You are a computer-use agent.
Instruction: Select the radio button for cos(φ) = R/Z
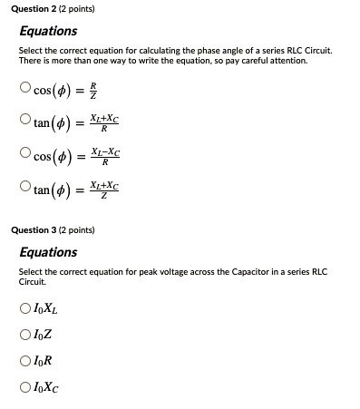(x=25, y=89)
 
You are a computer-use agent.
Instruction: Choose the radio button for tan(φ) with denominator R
(x=25, y=121)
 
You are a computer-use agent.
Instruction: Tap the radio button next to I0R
(x=24, y=359)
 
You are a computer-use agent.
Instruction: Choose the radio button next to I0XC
(x=24, y=385)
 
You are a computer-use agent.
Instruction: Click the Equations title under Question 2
(x=48, y=31)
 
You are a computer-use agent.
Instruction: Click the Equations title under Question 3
(x=48, y=252)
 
